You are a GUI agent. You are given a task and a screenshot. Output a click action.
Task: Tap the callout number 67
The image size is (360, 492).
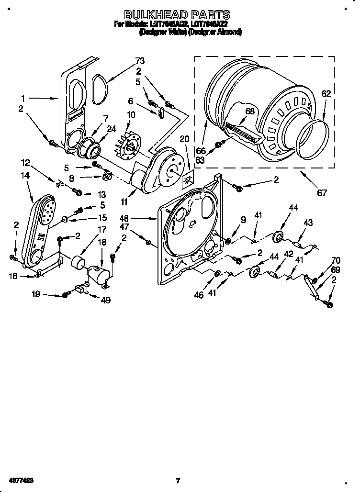tap(322, 193)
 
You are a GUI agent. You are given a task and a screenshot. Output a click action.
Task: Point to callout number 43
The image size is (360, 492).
tap(308, 223)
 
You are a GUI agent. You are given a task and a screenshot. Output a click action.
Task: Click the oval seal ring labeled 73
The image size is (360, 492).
tap(100, 89)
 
